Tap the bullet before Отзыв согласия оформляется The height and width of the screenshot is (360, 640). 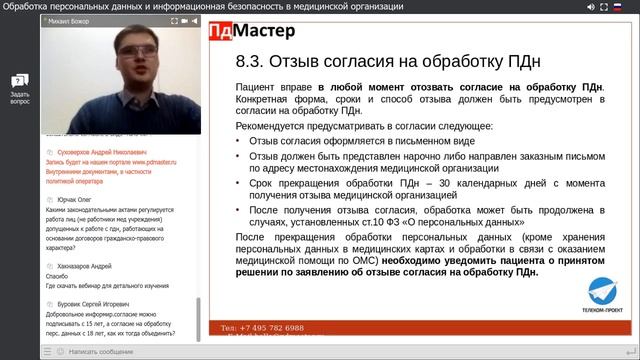click(x=239, y=142)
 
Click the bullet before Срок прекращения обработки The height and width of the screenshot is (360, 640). click(x=239, y=187)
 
